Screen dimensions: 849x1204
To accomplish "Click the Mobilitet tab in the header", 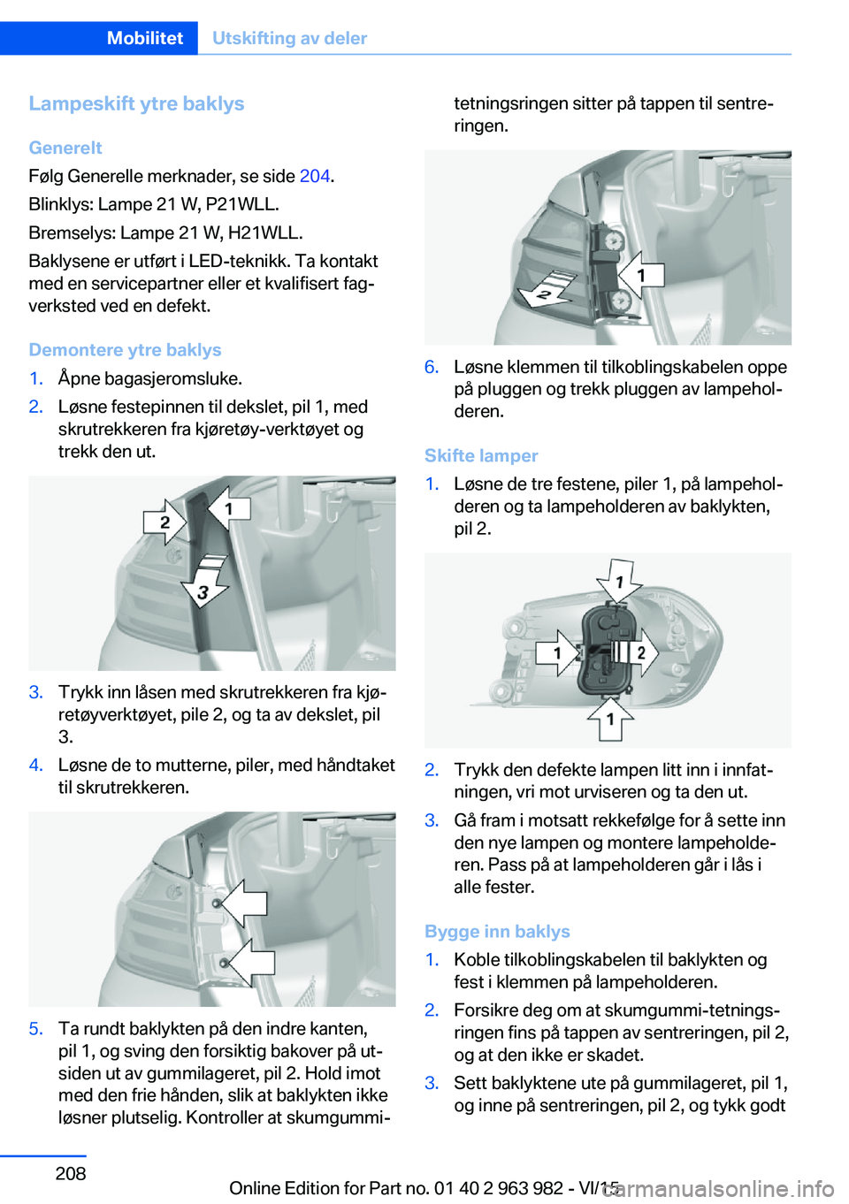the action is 145,38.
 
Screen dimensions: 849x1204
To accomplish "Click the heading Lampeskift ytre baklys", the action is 136,103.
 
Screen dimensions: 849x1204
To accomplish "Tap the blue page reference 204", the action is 315,176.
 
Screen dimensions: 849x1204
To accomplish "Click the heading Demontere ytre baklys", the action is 125,350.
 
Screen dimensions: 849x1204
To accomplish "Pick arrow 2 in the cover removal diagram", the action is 164,522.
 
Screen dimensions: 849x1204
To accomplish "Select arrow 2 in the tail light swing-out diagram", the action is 547,292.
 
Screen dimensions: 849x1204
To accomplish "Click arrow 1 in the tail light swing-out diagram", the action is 641,275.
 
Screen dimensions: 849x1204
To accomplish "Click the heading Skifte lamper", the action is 481,456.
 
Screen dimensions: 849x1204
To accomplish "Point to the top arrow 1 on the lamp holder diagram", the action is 618,581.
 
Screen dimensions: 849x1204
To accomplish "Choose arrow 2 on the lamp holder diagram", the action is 638,652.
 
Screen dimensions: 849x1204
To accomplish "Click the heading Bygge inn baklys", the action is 497,932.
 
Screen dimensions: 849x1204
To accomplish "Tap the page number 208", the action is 71,1172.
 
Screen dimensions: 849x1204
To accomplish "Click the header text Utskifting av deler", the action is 290,38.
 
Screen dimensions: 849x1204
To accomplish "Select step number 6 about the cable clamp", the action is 432,367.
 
